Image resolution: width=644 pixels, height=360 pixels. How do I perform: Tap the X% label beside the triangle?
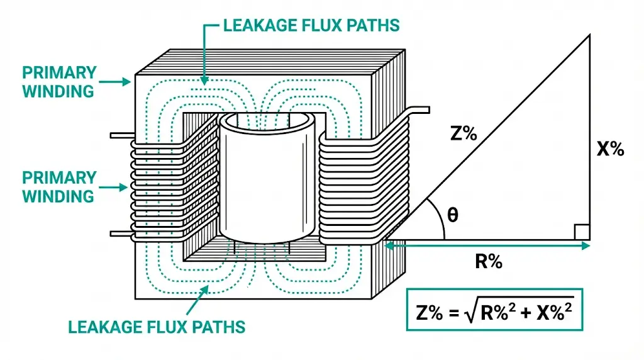(609, 149)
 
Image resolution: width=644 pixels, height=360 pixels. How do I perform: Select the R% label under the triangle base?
(488, 262)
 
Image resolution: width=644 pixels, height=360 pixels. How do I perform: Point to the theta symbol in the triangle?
(452, 215)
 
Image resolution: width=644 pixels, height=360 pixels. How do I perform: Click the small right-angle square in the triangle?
(582, 232)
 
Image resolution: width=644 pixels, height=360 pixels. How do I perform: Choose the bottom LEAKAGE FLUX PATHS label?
(157, 327)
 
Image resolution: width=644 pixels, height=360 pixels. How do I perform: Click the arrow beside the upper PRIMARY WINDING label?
(116, 81)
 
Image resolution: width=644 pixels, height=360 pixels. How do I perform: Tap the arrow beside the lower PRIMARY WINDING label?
(116, 187)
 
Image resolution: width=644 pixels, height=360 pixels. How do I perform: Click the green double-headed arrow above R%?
(487, 246)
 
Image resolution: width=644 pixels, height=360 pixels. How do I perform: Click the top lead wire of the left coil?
(121, 135)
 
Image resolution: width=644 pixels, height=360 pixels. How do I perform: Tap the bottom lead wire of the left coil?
(121, 233)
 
